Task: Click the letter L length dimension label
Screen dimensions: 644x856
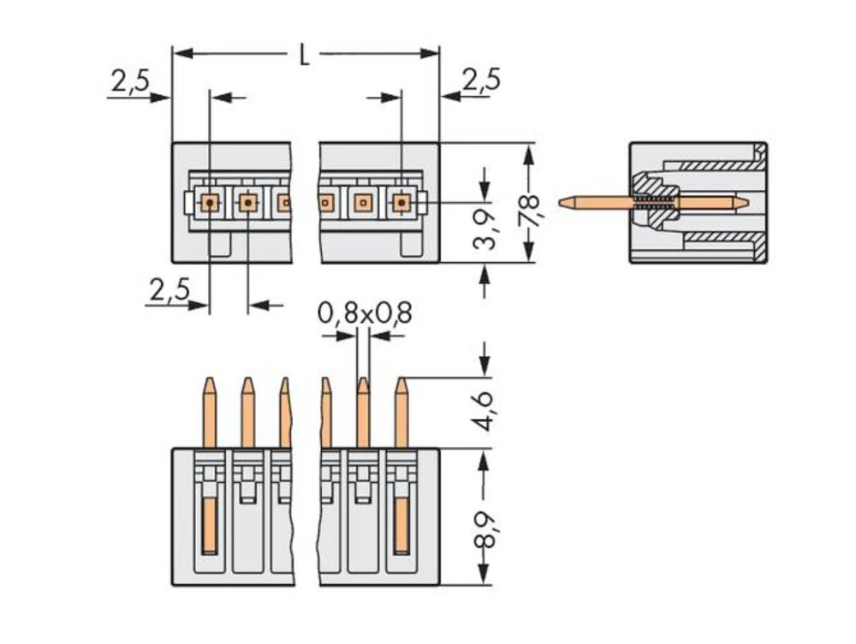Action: (x=304, y=56)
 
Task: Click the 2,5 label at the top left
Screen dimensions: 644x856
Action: (x=130, y=81)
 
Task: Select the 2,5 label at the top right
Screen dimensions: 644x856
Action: (x=481, y=80)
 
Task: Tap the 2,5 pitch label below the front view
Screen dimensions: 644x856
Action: (x=169, y=291)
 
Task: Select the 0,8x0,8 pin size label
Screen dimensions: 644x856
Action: (x=365, y=314)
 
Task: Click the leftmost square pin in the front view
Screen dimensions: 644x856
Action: (x=210, y=203)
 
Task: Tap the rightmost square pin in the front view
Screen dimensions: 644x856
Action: (x=401, y=203)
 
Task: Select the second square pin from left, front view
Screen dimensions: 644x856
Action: (x=247, y=203)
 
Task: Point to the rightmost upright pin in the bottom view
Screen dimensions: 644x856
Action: (x=401, y=411)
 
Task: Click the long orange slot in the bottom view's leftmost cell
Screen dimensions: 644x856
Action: (x=210, y=526)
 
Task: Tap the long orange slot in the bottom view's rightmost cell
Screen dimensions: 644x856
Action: (x=401, y=526)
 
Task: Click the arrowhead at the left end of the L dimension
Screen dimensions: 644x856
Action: (x=180, y=54)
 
